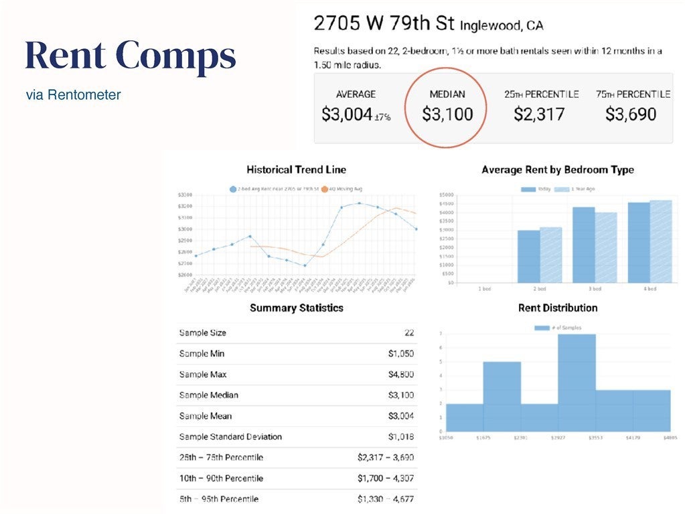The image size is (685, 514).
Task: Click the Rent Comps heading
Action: tap(131, 56)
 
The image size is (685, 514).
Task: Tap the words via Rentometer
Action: tap(74, 95)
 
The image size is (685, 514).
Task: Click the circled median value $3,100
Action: tap(447, 114)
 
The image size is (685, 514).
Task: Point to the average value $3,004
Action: tap(347, 115)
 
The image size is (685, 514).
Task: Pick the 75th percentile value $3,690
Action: tap(631, 114)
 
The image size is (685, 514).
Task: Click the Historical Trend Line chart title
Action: tap(296, 170)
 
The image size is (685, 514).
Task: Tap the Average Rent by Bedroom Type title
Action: tap(557, 170)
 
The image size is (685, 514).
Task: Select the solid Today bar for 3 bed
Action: tap(583, 245)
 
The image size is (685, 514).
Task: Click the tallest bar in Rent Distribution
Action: tap(577, 382)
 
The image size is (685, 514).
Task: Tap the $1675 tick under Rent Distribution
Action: tap(483, 438)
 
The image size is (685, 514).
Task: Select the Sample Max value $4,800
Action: tap(400, 375)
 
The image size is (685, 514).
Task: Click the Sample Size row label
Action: tap(202, 333)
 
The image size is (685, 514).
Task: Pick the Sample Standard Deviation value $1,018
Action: tap(400, 437)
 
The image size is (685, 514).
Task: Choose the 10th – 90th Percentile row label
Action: tap(221, 478)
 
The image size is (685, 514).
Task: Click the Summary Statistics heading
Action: tap(296, 308)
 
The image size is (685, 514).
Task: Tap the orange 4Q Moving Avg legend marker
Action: tap(325, 189)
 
